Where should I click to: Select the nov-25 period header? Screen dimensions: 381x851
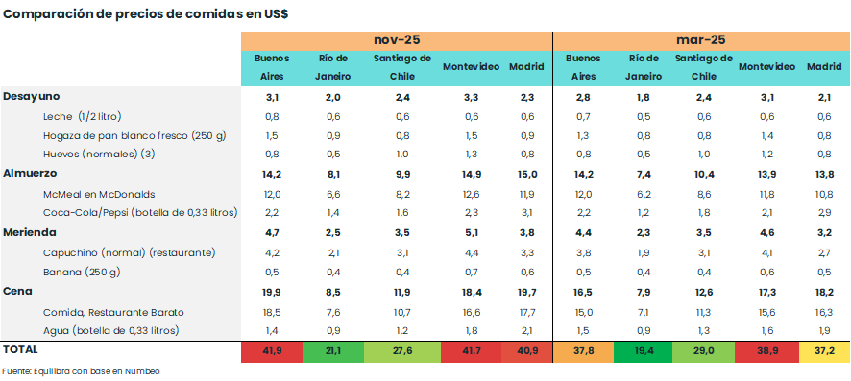click(396, 39)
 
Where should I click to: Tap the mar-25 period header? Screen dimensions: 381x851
click(700, 39)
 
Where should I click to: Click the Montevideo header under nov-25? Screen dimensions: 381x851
click(471, 67)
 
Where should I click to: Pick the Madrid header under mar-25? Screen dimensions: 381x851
click(823, 67)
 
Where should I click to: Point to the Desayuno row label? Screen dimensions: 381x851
click(32, 97)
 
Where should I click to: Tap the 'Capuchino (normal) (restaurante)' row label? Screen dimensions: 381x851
click(129, 252)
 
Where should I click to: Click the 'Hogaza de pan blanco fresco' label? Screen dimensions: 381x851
click(134, 135)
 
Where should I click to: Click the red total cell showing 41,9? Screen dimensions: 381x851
click(272, 352)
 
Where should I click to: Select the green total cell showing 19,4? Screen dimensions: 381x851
click(644, 352)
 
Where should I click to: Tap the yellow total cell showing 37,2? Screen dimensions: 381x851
click(823, 352)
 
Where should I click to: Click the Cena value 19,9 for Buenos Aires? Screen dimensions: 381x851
click(272, 291)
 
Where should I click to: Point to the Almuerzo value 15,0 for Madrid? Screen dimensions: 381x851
click(526, 174)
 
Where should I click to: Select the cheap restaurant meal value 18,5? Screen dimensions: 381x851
click(272, 312)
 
